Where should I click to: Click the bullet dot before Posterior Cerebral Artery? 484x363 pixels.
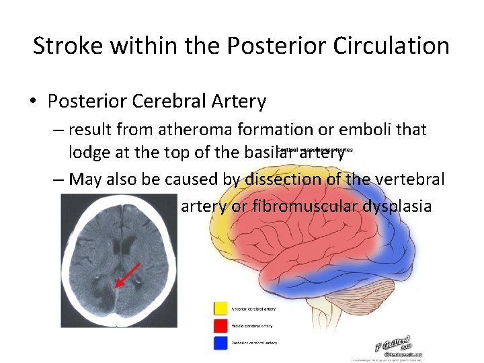(33, 102)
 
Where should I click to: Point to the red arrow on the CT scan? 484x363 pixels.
(127, 276)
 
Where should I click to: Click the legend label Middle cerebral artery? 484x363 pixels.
(253, 326)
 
